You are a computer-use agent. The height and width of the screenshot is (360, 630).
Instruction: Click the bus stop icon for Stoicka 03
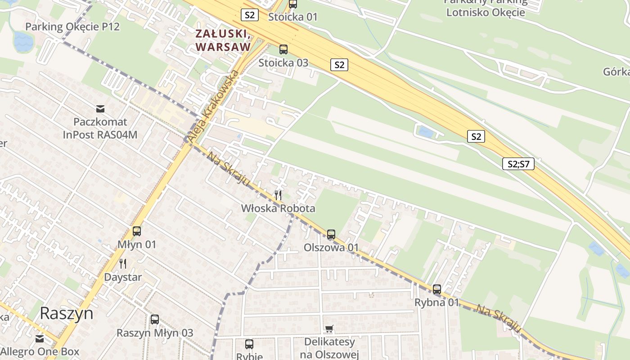point(283,49)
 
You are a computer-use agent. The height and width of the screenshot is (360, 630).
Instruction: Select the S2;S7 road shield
point(518,164)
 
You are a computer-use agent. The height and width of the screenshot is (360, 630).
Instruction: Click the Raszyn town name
point(67,313)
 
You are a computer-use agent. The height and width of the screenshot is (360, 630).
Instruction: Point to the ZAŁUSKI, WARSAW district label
point(223,40)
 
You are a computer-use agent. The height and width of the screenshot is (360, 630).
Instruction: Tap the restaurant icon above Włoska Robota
point(278,195)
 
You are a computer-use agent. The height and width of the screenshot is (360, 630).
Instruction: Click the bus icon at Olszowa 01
point(331,234)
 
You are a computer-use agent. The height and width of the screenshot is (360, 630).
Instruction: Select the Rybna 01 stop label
point(436,302)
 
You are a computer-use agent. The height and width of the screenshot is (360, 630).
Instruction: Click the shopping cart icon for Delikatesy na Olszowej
point(329,329)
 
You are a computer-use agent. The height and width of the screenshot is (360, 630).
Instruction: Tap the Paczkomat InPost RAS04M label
point(100,128)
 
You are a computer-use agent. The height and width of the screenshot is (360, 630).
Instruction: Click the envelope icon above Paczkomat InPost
point(100,108)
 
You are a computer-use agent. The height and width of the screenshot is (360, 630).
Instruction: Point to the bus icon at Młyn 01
point(137,231)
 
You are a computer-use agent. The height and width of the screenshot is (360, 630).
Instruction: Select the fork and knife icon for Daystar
point(122,263)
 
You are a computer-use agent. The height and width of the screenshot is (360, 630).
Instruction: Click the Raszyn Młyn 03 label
point(155,333)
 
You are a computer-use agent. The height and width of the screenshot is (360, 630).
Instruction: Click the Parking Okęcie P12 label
point(72,27)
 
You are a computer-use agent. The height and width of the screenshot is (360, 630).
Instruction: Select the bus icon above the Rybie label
point(249,344)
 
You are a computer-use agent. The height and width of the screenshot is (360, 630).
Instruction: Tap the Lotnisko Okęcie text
point(485,12)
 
